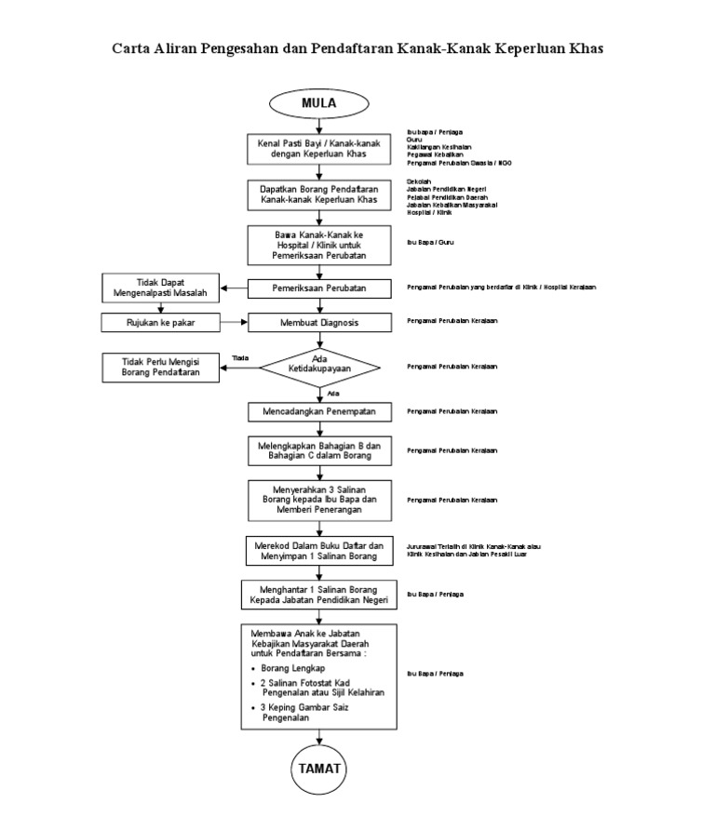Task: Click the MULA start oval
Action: [x=318, y=103]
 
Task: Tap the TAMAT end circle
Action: [x=318, y=769]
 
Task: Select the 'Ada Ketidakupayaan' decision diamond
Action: [x=318, y=366]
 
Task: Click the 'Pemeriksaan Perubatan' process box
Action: [x=318, y=288]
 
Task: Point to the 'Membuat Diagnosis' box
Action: [x=318, y=322]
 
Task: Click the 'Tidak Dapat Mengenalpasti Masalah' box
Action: [x=160, y=288]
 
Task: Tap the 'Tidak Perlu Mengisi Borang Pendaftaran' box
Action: [x=160, y=366]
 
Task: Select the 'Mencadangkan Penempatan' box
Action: [x=318, y=411]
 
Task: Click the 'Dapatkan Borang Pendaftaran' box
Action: [x=318, y=194]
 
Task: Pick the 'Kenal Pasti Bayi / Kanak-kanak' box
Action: [x=318, y=149]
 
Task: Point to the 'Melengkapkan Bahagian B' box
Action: [x=318, y=450]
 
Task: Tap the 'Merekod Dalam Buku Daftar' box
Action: [x=318, y=550]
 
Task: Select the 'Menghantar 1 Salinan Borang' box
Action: [x=318, y=595]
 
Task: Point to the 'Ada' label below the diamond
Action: [x=333, y=394]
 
